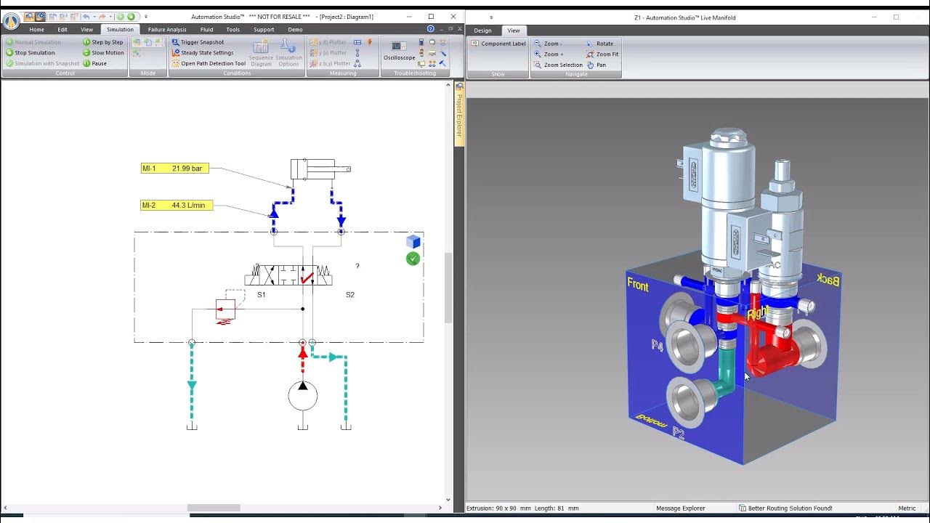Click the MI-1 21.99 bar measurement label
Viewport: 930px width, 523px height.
click(x=175, y=169)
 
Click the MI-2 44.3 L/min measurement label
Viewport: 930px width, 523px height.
click(x=175, y=206)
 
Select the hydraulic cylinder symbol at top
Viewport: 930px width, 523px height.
click(x=320, y=169)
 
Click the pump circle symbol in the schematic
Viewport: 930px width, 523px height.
click(x=303, y=396)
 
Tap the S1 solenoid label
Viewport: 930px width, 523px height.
click(x=262, y=295)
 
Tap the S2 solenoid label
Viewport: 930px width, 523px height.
click(x=350, y=295)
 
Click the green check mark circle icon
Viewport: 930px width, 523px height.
click(x=413, y=259)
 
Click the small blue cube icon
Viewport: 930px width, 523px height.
click(x=413, y=242)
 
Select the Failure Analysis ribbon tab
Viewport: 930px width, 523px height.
click(x=167, y=30)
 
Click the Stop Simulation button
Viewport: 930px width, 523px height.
click(x=35, y=53)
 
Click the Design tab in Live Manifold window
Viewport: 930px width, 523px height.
click(x=482, y=31)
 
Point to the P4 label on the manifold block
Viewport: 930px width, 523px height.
click(x=657, y=346)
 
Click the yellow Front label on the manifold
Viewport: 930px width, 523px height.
click(x=637, y=285)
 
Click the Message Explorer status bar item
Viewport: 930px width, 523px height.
click(x=680, y=508)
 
